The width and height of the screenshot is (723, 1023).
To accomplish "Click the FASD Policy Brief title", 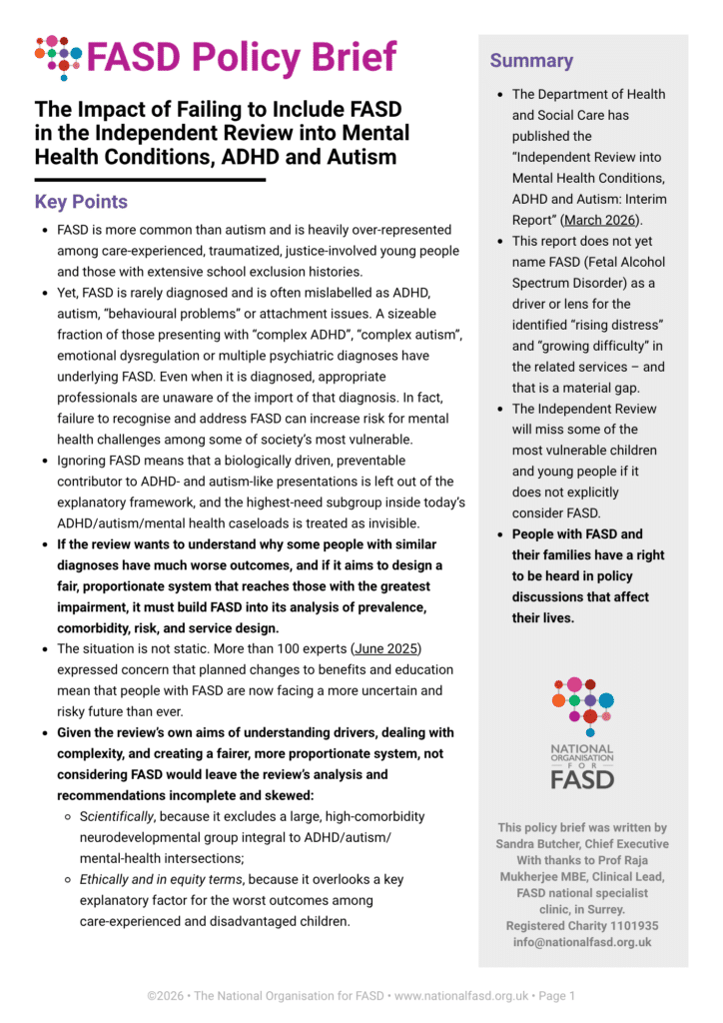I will [x=241, y=57].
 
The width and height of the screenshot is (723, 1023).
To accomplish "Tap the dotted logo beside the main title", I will [x=58, y=57].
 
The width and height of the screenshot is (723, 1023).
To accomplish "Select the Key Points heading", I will [x=81, y=202].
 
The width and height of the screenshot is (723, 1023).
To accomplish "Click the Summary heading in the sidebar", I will [x=531, y=61].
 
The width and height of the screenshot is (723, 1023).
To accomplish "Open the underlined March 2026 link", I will [x=601, y=220].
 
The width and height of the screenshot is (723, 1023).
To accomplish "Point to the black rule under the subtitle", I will [x=150, y=180].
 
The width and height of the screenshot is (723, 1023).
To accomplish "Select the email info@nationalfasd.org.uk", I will [x=582, y=941].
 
